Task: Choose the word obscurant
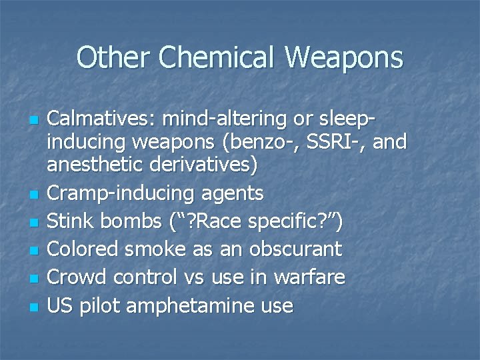[295, 249]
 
